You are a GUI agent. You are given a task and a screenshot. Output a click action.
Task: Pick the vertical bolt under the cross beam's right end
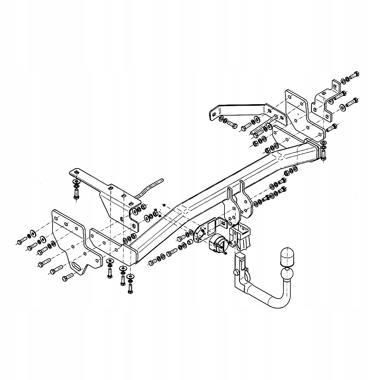click(x=323, y=154)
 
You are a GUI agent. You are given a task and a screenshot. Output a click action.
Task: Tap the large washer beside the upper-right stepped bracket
click(x=343, y=108)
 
